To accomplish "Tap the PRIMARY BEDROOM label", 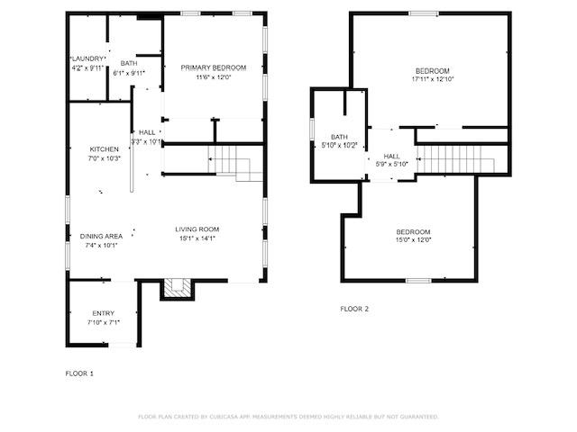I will point(214,67).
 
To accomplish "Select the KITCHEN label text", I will point(104,149).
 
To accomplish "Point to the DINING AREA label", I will point(101,236).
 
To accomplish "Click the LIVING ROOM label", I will point(197,229).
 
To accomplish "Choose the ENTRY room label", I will point(103,313).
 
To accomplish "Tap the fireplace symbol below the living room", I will point(177,288).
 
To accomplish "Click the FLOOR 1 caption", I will point(79,373).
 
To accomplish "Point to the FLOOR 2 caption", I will point(354,309).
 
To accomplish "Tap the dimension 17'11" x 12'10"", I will point(432,79).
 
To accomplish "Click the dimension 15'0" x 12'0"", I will point(414,240).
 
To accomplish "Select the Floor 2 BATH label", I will point(339,137).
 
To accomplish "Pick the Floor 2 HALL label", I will point(392,156).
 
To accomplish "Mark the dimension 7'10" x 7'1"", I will point(103,322).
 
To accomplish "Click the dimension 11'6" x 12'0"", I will point(214,76).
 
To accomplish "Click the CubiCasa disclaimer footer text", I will point(288,417).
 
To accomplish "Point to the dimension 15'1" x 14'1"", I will point(197,238).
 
